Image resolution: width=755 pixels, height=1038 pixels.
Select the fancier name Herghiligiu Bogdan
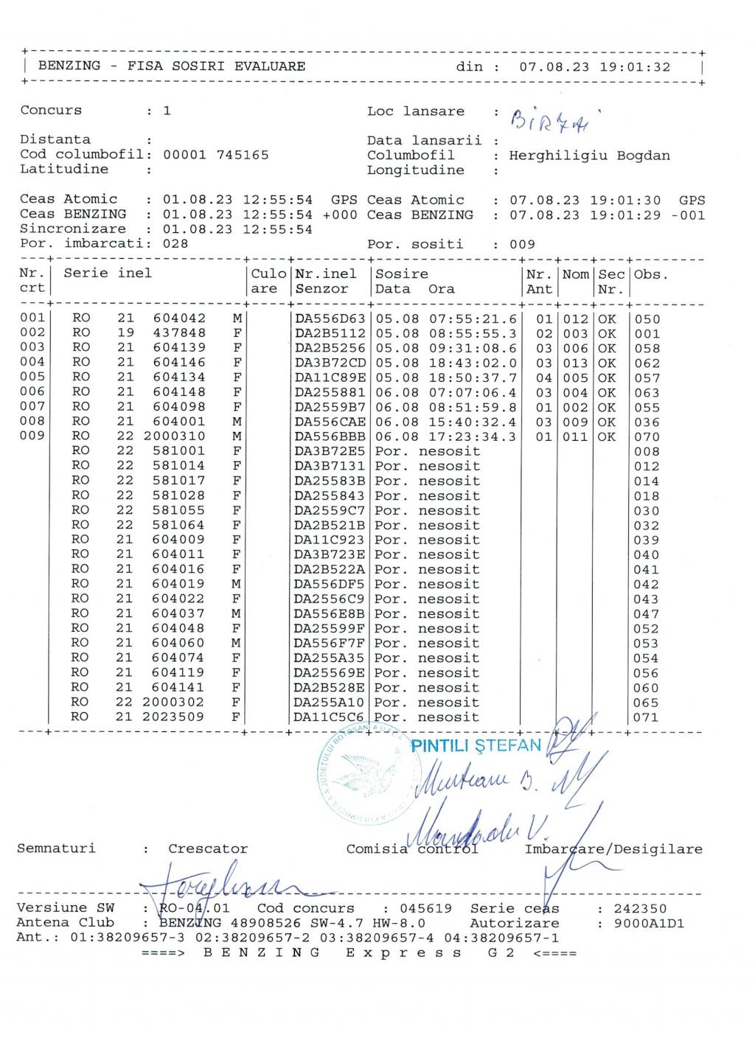589,156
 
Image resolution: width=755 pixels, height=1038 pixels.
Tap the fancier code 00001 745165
215,155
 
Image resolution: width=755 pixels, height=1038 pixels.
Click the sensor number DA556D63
330,319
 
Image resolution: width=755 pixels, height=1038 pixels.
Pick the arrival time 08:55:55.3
473,334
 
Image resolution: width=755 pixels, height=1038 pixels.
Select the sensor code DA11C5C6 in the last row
329,717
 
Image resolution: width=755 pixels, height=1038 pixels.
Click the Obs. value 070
647,437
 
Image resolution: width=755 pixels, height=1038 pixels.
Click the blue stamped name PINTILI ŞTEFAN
476,745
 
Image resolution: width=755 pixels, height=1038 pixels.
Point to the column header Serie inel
108,274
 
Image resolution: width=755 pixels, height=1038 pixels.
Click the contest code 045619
425,909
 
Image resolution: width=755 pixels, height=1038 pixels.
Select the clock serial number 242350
640,909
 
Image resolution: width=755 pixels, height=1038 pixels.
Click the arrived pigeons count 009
522,245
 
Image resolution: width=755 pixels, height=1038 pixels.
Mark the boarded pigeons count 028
175,244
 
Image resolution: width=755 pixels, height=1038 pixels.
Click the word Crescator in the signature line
208,849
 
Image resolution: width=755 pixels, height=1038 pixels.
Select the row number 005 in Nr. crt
32,377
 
